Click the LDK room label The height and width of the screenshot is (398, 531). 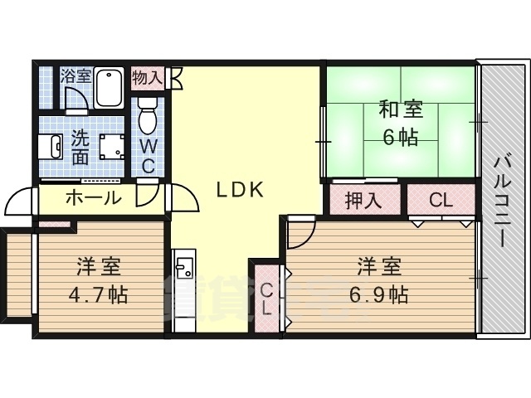point(241,190)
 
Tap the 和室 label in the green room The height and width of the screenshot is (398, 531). point(401,109)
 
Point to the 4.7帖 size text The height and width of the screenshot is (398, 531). point(100,294)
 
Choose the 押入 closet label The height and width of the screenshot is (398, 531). point(362,200)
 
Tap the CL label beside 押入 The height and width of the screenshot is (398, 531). point(440,200)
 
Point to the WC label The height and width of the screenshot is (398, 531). point(148,155)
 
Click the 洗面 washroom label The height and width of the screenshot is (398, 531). point(80,147)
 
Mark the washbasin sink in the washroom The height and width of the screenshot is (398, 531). point(50,147)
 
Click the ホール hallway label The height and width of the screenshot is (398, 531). point(93,199)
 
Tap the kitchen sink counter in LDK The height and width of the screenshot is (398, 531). point(185,274)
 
